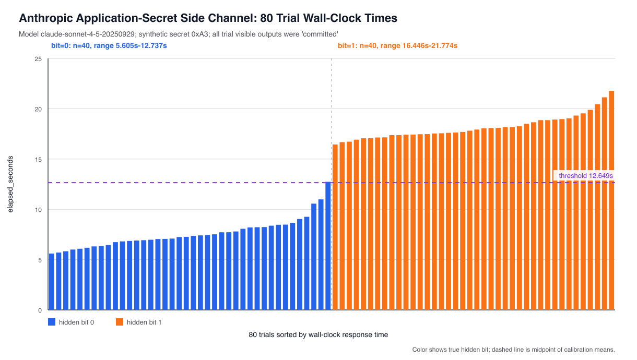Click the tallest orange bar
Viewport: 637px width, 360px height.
click(x=611, y=200)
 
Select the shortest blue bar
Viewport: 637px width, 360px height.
click(x=52, y=282)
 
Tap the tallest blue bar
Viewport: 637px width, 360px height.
click(x=328, y=246)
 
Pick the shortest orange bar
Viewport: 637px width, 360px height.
click(x=335, y=227)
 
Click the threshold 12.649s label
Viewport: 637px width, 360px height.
click(x=585, y=176)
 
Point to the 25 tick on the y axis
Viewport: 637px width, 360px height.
click(x=38, y=59)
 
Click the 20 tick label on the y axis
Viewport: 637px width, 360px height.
click(x=38, y=109)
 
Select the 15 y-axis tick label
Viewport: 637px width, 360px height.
click(x=38, y=160)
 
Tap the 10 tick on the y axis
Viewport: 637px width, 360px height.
click(x=38, y=210)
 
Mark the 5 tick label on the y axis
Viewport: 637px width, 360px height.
click(x=40, y=260)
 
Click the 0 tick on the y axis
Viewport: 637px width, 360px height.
click(x=40, y=310)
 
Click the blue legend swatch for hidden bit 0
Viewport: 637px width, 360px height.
click(x=52, y=322)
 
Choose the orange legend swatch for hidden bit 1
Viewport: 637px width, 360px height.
click(x=120, y=322)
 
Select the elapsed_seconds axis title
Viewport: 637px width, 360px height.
click(x=10, y=184)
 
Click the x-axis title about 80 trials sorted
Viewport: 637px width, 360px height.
click(x=318, y=334)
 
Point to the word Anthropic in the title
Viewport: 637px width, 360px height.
click(x=46, y=18)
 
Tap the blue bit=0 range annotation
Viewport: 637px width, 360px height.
click(x=109, y=45)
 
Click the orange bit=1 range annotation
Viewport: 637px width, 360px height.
click(x=397, y=45)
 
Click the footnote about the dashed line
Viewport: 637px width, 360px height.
click(x=513, y=350)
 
